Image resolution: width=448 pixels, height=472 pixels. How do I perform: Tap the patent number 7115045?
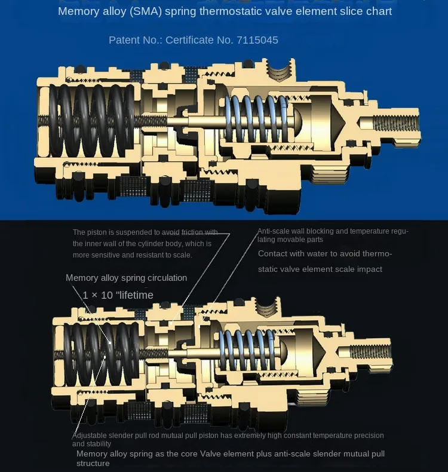(x=257, y=40)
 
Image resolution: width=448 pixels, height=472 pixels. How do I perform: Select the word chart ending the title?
(x=379, y=11)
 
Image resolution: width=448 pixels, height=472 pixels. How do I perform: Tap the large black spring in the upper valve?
(x=92, y=121)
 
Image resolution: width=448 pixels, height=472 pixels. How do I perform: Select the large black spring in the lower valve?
(x=102, y=354)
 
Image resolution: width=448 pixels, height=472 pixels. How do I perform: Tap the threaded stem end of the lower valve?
(x=370, y=352)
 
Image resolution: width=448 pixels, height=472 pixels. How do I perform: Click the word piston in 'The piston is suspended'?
(x=97, y=232)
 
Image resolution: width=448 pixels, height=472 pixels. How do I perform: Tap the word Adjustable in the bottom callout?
(x=90, y=436)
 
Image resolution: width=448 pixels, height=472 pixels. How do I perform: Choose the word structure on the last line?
(x=93, y=463)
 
